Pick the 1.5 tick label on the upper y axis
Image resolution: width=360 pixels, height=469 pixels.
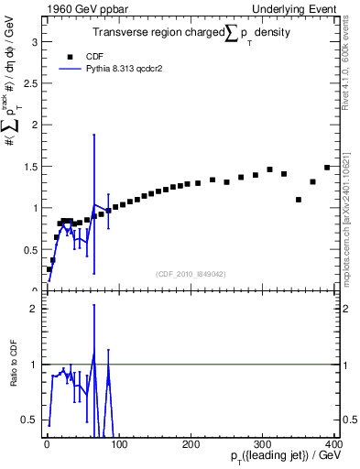(32, 167)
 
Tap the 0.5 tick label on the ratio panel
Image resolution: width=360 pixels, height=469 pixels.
(32, 420)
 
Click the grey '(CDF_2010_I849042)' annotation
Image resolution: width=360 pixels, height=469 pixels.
(191, 273)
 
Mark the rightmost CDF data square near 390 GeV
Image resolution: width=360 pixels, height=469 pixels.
(327, 168)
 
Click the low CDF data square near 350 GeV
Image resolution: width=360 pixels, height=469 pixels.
(299, 200)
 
